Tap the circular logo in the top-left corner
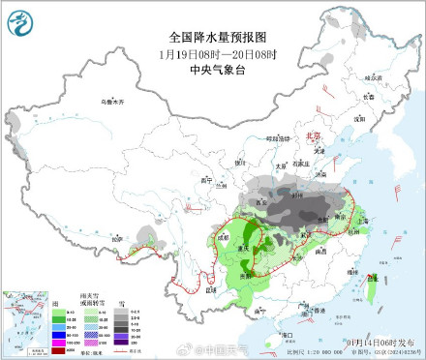point(20,19)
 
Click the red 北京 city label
point(312,137)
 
